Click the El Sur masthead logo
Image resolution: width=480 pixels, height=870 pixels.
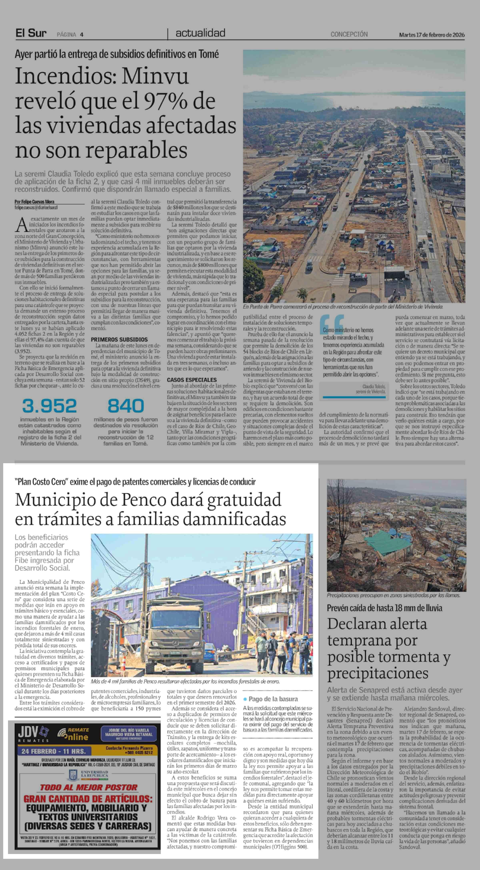31,33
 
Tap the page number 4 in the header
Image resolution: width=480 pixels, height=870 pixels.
82,34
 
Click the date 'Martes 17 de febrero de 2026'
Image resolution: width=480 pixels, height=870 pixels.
431,35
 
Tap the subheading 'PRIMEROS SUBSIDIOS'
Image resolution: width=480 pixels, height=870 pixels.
119,339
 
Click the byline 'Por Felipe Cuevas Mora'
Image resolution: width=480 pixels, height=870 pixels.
34,202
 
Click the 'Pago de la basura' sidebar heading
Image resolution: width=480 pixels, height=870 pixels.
273,699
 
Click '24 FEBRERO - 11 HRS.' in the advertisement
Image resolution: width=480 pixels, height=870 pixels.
53,751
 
